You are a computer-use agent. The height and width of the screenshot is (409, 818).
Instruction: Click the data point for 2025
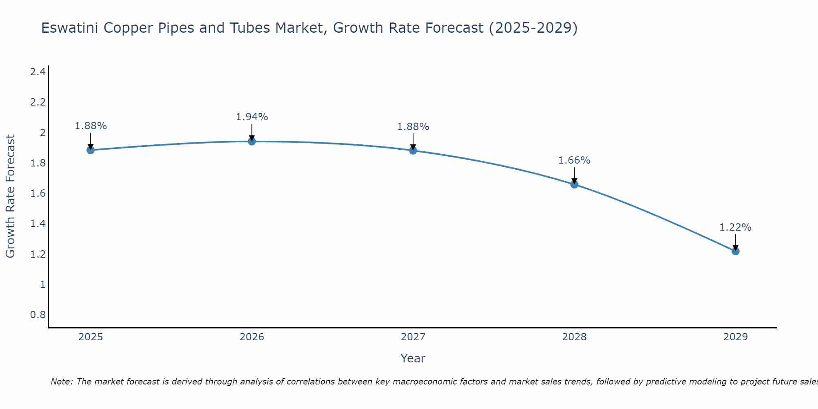pyautogui.click(x=91, y=150)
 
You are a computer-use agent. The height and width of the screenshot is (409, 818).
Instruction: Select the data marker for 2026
pyautogui.click(x=252, y=142)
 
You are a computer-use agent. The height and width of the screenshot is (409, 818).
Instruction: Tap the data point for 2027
pyautogui.click(x=413, y=151)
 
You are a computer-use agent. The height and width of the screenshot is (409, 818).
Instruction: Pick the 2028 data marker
pyautogui.click(x=574, y=184)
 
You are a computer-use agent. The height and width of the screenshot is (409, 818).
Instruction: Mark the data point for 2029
pyautogui.click(x=735, y=251)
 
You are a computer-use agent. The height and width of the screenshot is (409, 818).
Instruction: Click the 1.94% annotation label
pyautogui.click(x=252, y=117)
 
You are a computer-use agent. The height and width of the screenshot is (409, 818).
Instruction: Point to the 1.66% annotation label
pyautogui.click(x=574, y=160)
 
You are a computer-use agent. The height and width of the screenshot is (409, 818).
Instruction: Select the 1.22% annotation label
pyautogui.click(x=735, y=227)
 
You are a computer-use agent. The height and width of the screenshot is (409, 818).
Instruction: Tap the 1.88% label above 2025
pyautogui.click(x=91, y=126)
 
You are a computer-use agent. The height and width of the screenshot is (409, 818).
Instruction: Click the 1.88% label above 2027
pyautogui.click(x=413, y=127)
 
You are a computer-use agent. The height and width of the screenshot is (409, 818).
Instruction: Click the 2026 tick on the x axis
pyautogui.click(x=252, y=337)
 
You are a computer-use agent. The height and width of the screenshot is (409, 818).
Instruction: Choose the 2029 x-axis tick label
pyautogui.click(x=735, y=337)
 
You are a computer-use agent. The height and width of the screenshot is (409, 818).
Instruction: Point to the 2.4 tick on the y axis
pyautogui.click(x=38, y=72)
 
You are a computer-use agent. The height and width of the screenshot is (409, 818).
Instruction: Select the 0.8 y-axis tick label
pyautogui.click(x=38, y=315)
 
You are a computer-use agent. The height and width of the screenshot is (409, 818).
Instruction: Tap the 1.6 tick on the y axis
pyautogui.click(x=38, y=193)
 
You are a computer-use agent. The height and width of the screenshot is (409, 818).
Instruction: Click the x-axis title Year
pyautogui.click(x=413, y=358)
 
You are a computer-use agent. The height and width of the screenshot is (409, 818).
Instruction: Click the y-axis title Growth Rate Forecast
pyautogui.click(x=10, y=196)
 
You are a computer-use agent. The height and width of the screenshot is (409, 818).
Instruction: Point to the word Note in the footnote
pyautogui.click(x=61, y=382)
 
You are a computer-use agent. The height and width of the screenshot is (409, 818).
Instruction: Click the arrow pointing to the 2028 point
pyautogui.click(x=574, y=175)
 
